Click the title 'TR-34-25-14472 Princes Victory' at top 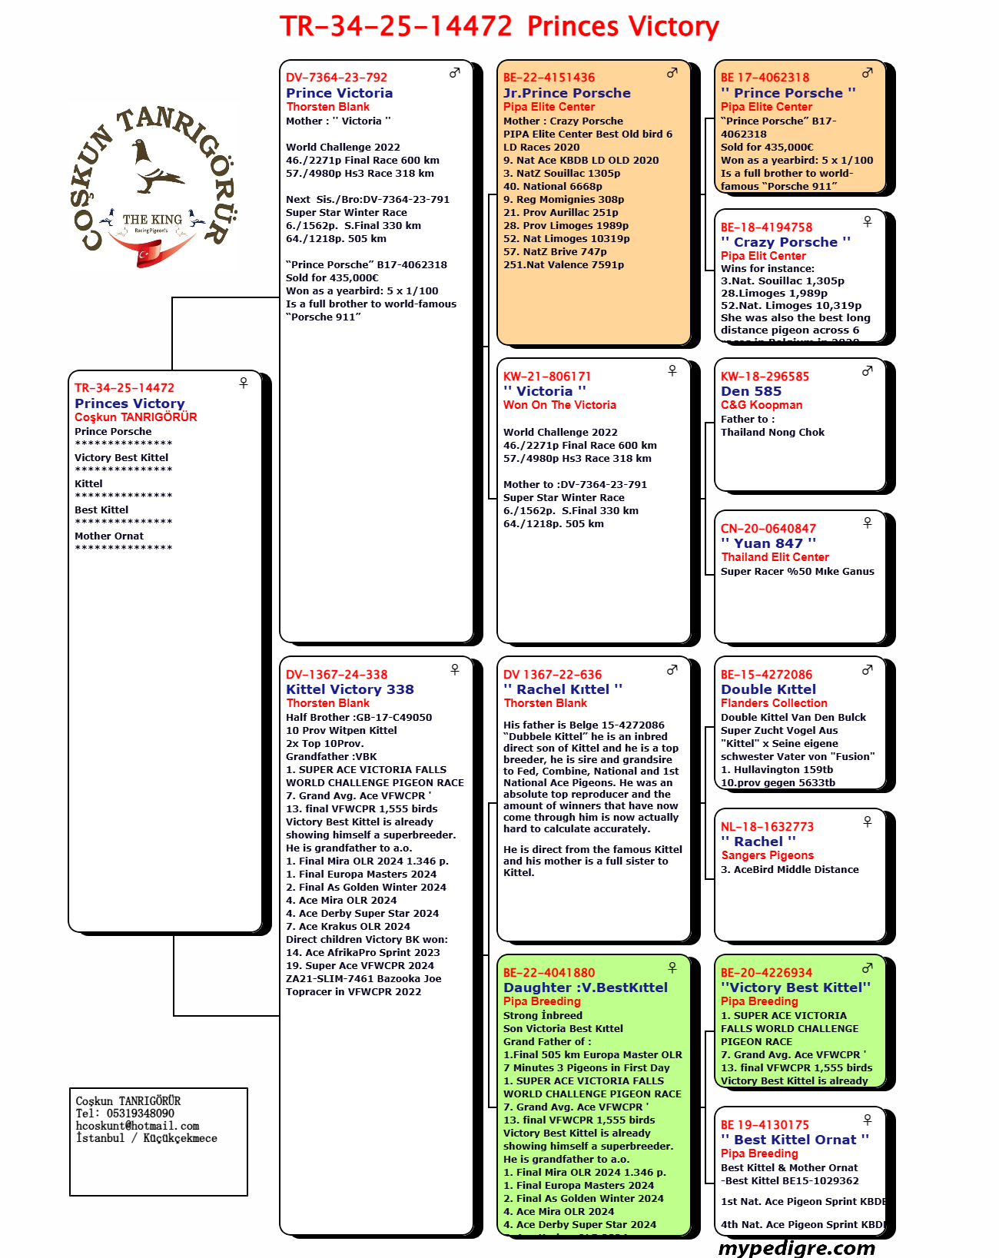pyautogui.click(x=499, y=26)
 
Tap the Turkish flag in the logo pyautogui.click(x=150, y=253)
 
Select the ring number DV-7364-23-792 pyautogui.click(x=337, y=78)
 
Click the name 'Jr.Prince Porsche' pyautogui.click(x=566, y=93)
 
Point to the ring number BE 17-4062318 pyautogui.click(x=765, y=78)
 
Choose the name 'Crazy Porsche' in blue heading pyautogui.click(x=785, y=242)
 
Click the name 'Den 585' pyautogui.click(x=751, y=391)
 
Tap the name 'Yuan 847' pyautogui.click(x=768, y=543)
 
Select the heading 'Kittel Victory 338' pyautogui.click(x=350, y=689)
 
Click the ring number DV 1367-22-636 pyautogui.click(x=553, y=675)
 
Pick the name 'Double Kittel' pyautogui.click(x=768, y=689)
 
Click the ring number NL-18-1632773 pyautogui.click(x=767, y=827)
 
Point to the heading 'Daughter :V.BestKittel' pyautogui.click(x=586, y=987)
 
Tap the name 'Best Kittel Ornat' pyautogui.click(x=795, y=1140)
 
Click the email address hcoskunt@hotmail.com pyautogui.click(x=138, y=1126)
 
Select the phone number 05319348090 pyautogui.click(x=140, y=1114)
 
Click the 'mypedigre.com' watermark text pyautogui.click(x=796, y=1248)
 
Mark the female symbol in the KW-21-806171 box pyautogui.click(x=672, y=370)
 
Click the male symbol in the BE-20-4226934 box pyautogui.click(x=868, y=968)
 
